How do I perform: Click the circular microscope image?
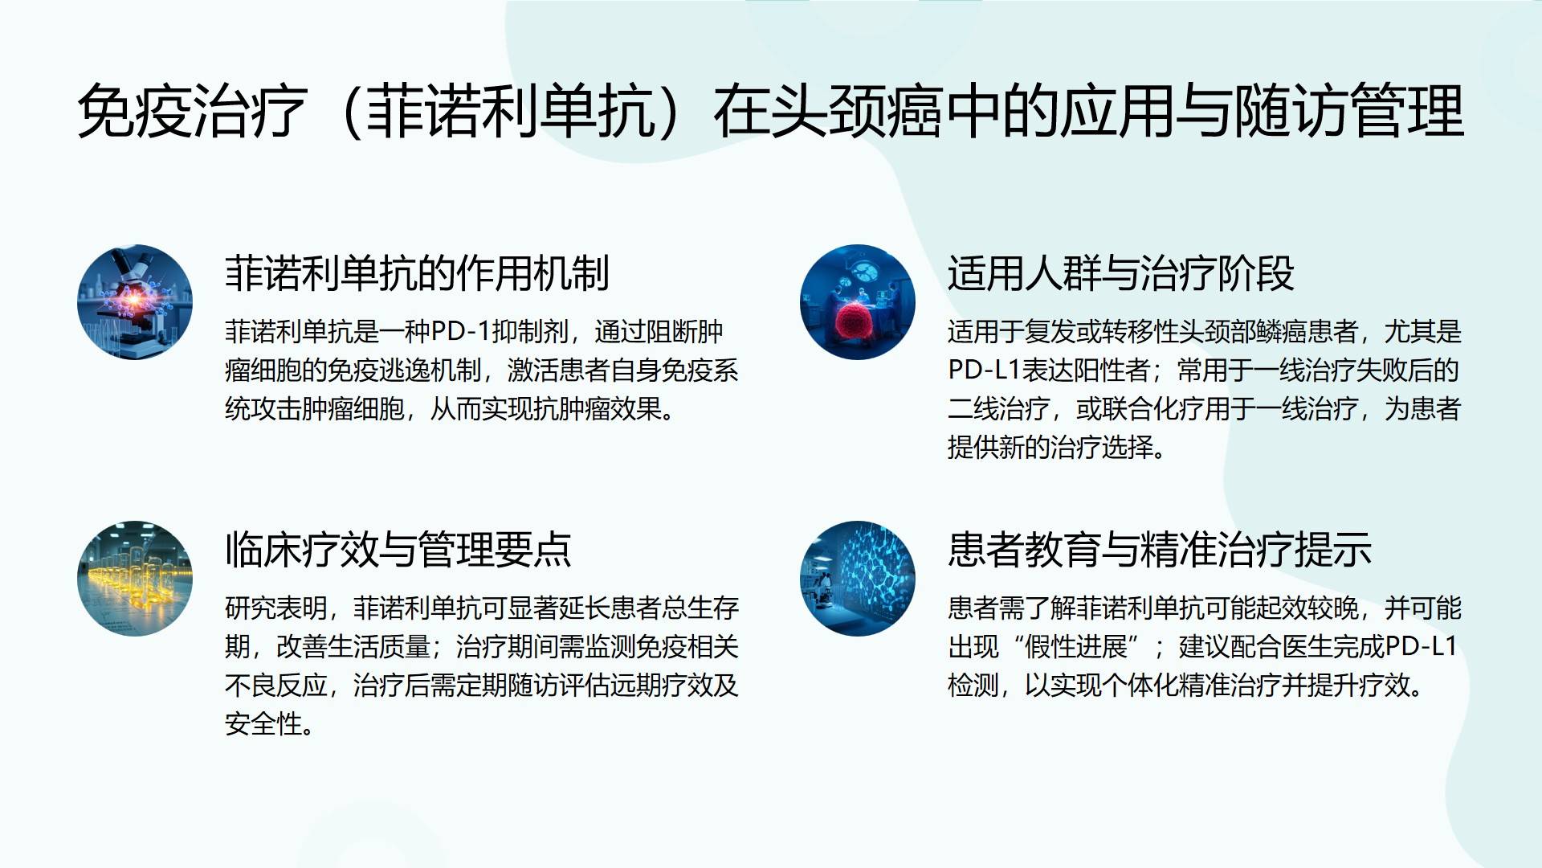[135, 302]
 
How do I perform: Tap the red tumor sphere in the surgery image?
[859, 321]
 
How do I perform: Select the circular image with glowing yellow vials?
[135, 579]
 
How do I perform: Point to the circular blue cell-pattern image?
[858, 579]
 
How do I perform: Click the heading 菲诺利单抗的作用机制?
[417, 273]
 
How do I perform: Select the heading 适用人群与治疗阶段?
[1120, 273]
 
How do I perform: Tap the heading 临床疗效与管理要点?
[398, 550]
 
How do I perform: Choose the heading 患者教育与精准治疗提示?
[1159, 550]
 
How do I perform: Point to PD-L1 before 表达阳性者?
[984, 370]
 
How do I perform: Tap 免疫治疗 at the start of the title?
[193, 111]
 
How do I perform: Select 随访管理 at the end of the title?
[1349, 111]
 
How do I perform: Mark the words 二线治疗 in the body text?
[999, 408]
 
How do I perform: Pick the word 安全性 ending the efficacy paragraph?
[263, 723]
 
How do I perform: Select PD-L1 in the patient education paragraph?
[1421, 646]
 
